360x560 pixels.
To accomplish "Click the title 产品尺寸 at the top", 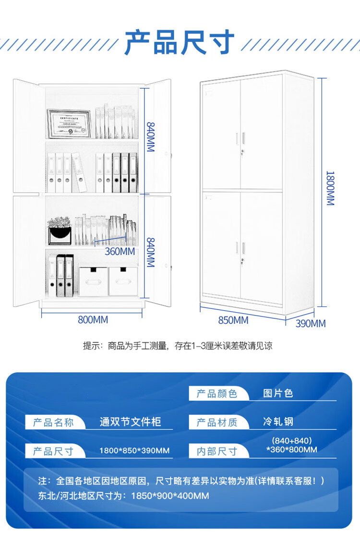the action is tap(180, 42).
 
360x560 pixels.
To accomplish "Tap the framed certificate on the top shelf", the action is tap(69, 123).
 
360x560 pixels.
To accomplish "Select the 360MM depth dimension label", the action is tap(120, 252).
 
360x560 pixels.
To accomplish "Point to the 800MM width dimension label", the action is tap(93, 320).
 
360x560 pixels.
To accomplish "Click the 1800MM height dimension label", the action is tap(330, 188).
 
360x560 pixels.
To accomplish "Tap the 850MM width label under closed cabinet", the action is tap(233, 320).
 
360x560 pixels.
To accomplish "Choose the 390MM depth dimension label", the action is tap(311, 324).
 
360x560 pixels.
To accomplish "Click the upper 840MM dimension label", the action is tap(151, 137).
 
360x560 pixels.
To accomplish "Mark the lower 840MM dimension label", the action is tap(151, 253).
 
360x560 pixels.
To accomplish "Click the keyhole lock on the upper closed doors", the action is tap(242, 153).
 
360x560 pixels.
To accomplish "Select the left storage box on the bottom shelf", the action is tap(93, 281).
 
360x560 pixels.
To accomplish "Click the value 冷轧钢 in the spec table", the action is tap(278, 422).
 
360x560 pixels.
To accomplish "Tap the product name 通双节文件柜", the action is tap(130, 422).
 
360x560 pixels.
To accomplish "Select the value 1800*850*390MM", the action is tap(134, 450).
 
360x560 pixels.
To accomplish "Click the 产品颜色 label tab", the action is tap(217, 393).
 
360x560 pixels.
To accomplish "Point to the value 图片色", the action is tap(278, 393).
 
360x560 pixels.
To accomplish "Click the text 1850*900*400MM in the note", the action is tap(170, 496).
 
